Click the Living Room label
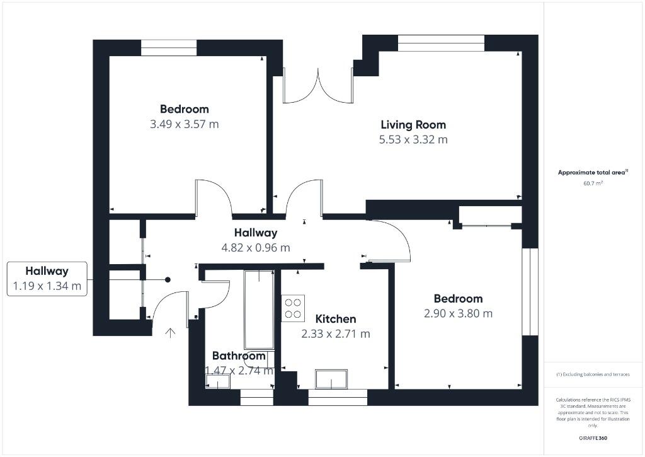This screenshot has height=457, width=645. (x=413, y=125)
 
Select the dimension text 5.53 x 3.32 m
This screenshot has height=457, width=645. (x=413, y=139)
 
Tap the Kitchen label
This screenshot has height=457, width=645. (x=336, y=319)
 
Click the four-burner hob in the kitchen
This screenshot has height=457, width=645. (x=294, y=308)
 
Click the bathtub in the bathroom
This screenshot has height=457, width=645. (x=259, y=309)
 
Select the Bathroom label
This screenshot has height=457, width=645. (x=238, y=356)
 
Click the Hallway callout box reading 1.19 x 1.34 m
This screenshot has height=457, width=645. (x=47, y=279)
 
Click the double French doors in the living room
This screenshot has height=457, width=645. (x=317, y=86)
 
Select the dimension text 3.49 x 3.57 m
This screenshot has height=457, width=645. (x=184, y=124)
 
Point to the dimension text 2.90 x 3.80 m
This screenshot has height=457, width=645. (x=458, y=313)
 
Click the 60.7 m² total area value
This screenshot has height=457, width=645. (x=593, y=183)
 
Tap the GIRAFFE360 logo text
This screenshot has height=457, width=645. (x=593, y=438)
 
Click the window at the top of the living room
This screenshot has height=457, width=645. (x=441, y=43)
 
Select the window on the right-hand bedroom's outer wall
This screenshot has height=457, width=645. (x=531, y=291)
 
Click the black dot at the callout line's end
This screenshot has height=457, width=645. (x=168, y=280)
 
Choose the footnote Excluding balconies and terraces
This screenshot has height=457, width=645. (x=593, y=374)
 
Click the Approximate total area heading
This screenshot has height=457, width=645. (x=592, y=172)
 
